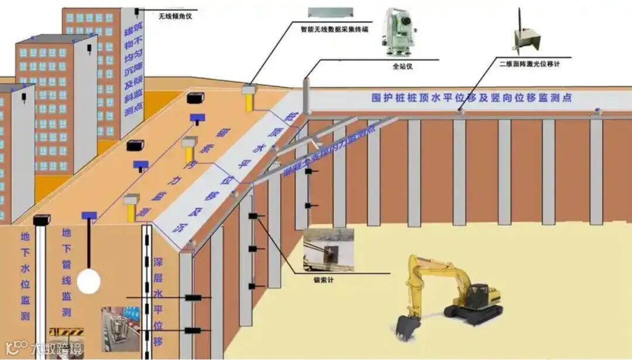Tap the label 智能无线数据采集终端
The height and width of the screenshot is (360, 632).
pyautogui.click(x=334, y=28)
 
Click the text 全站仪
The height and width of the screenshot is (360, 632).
pyautogui.click(x=403, y=67)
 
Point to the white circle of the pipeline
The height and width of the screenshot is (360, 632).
pyautogui.click(x=89, y=281)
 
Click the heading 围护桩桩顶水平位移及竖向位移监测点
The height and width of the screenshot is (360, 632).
pyautogui.click(x=471, y=98)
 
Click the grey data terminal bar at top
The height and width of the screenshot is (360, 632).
pyautogui.click(x=331, y=12)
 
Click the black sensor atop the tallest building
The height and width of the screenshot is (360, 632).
pyautogui.click(x=138, y=11)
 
